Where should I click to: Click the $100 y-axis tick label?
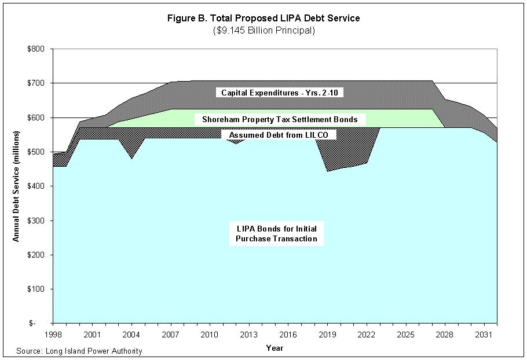[x=37, y=289]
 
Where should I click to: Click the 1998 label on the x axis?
[x=53, y=335]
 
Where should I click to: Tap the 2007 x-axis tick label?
[x=171, y=335]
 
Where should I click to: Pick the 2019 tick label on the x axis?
[x=327, y=335]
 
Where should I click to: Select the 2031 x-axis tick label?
[x=484, y=335]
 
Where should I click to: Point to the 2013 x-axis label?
[x=249, y=335]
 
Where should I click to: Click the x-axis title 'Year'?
[x=275, y=348]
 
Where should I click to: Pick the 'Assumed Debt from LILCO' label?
[x=279, y=135]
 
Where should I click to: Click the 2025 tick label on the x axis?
[x=406, y=335]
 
